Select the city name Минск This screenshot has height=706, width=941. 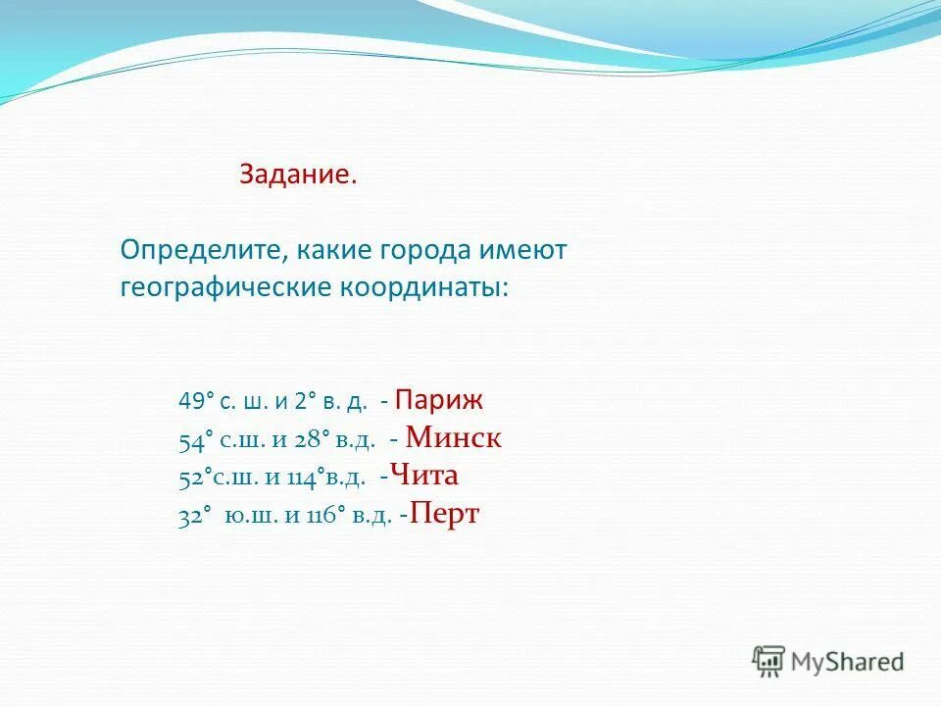453,438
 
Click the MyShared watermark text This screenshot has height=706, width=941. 848,662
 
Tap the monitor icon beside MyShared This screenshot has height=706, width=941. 769,661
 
